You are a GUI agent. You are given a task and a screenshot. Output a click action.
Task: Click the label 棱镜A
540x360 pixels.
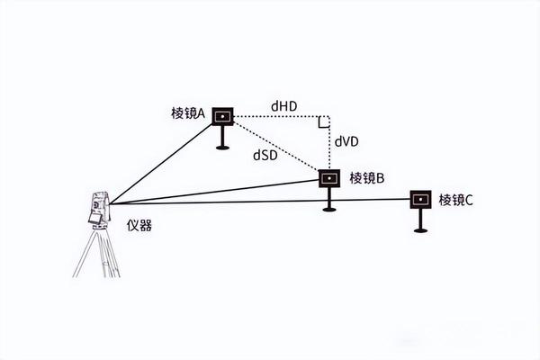[188, 113]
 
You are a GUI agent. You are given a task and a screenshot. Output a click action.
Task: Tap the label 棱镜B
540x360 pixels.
[367, 178]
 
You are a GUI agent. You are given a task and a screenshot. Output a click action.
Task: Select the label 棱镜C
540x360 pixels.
[455, 199]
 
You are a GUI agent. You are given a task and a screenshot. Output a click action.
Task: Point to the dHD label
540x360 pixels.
[284, 107]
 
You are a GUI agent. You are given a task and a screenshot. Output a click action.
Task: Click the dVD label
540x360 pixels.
[348, 141]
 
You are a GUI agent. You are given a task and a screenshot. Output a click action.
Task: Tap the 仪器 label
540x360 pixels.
[140, 225]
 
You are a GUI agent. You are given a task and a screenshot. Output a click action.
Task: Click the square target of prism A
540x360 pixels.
[222, 115]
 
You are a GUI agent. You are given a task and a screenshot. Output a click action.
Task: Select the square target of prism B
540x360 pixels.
[329, 178]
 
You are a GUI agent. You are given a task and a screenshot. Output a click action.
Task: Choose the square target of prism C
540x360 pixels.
[420, 199]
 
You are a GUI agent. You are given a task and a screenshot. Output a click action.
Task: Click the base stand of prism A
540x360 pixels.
[222, 146]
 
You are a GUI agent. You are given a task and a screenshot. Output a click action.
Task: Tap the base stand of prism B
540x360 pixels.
[329, 209]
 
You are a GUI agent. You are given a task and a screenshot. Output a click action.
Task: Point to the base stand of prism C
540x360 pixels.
[420, 229]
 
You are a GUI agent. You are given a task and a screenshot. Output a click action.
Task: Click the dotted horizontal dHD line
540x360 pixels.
[279, 116]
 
